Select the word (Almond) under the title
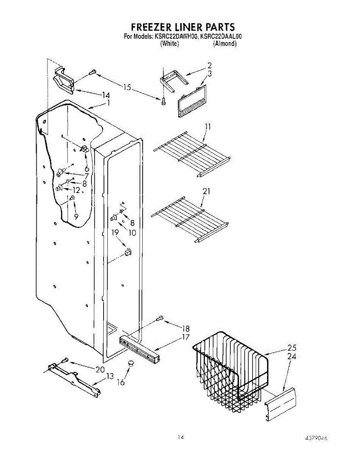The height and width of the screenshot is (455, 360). pyautogui.click(x=225, y=44)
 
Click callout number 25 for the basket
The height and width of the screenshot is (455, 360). pyautogui.click(x=292, y=348)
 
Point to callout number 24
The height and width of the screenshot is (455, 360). pyautogui.click(x=292, y=356)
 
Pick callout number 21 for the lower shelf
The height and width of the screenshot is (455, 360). pyautogui.click(x=206, y=191)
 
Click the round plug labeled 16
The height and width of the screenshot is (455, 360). pyautogui.click(x=131, y=363)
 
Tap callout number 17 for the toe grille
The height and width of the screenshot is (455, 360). pyautogui.click(x=186, y=337)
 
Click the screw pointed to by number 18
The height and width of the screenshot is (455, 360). pyautogui.click(x=160, y=320)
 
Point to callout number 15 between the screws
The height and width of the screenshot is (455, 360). pyautogui.click(x=127, y=88)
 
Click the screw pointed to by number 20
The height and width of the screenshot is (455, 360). pyautogui.click(x=64, y=360)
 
